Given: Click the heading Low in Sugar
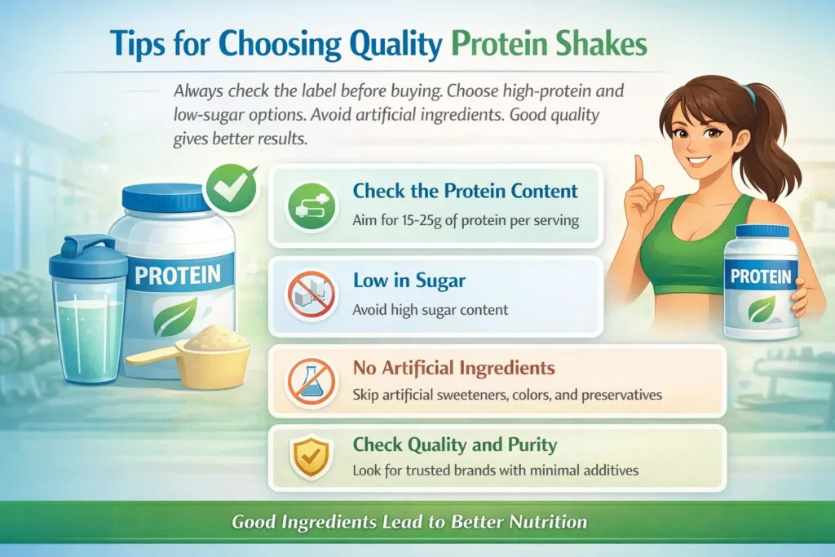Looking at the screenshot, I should (409, 281).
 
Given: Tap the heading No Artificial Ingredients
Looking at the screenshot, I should (453, 369).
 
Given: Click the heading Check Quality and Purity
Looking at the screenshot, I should (454, 445).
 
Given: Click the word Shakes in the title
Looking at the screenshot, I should (599, 45).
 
